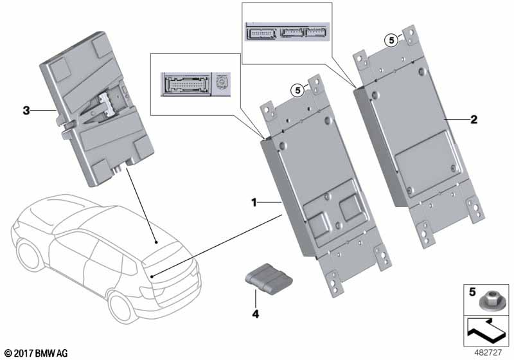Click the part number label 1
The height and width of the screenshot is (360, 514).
(x=254, y=203)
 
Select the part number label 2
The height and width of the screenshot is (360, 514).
(x=474, y=120)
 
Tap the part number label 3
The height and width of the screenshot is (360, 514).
(x=26, y=111)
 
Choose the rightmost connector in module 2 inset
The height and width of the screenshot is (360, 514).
(x=314, y=32)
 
